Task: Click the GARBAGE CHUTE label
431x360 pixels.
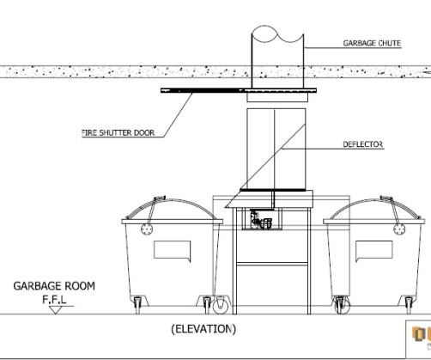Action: (x=372, y=43)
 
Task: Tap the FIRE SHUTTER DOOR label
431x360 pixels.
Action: (x=118, y=133)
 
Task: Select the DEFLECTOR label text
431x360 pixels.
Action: (x=363, y=144)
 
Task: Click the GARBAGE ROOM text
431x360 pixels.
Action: (x=54, y=286)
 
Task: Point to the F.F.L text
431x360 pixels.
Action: (x=54, y=300)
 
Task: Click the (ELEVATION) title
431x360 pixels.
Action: (x=203, y=329)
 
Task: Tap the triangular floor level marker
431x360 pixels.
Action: (x=55, y=310)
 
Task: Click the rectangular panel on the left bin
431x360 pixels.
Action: (x=173, y=251)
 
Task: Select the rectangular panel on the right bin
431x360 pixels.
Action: (x=374, y=251)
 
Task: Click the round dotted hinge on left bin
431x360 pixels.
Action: (x=147, y=229)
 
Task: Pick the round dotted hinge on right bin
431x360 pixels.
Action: (x=399, y=229)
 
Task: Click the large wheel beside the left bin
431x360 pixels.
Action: (x=221, y=305)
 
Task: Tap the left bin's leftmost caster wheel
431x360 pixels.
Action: (x=137, y=305)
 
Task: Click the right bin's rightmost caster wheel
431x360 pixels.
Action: (x=410, y=305)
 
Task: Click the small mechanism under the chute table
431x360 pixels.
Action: (x=261, y=220)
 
